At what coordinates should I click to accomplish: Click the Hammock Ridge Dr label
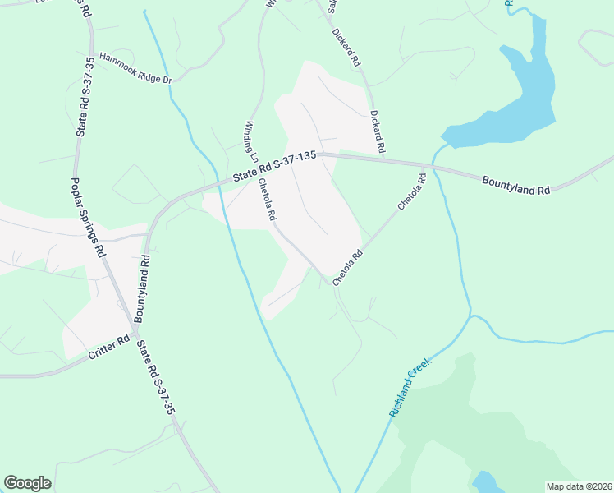point(135,69)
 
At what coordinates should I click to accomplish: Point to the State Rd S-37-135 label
point(273,166)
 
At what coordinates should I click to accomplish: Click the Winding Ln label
point(251,141)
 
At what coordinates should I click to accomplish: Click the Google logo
point(27,483)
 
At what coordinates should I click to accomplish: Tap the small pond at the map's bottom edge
point(484,481)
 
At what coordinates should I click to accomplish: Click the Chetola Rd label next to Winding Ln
point(267,200)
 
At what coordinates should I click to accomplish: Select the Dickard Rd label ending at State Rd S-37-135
point(377,132)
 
